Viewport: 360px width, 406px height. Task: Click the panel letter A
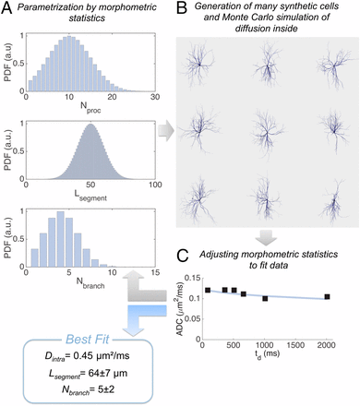[6, 8]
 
